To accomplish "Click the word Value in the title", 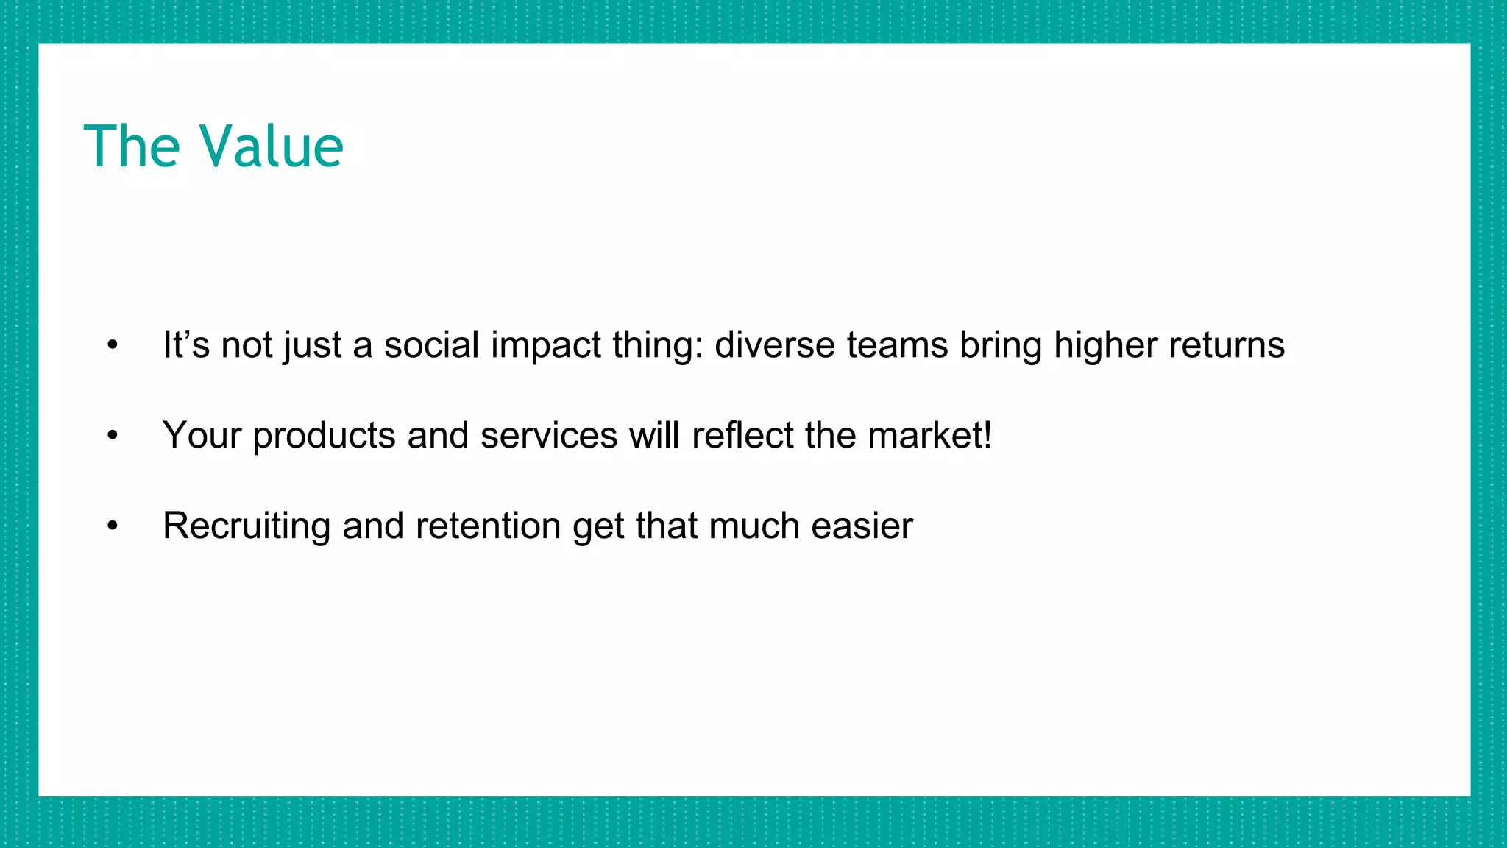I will tap(272, 146).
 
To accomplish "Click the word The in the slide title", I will tap(132, 146).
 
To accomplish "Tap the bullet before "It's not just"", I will tap(112, 344).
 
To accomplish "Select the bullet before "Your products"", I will tap(112, 435).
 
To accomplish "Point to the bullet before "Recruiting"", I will tap(112, 526).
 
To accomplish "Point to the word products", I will tap(324, 436).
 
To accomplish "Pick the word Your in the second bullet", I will tap(202, 435).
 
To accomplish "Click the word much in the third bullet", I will tap(754, 526).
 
